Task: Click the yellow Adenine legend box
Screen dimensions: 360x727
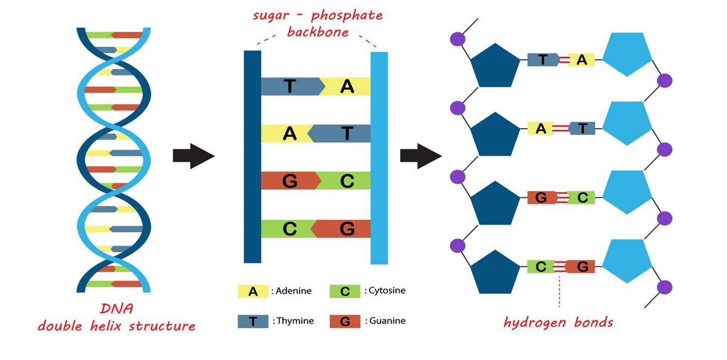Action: pyautogui.click(x=253, y=291)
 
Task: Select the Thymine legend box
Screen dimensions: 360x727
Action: pyautogui.click(x=253, y=321)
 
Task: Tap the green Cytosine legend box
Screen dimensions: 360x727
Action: pyautogui.click(x=344, y=291)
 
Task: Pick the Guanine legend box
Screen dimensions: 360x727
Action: pyautogui.click(x=344, y=321)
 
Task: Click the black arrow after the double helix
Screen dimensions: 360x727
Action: pyautogui.click(x=194, y=156)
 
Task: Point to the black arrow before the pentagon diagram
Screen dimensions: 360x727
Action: pyautogui.click(x=420, y=156)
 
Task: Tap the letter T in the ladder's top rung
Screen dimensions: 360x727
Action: pyautogui.click(x=290, y=86)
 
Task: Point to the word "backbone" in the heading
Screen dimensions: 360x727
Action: pyautogui.click(x=318, y=33)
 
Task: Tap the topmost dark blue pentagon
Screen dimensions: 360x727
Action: pyautogui.click(x=495, y=65)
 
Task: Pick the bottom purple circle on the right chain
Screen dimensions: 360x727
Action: pyautogui.click(x=665, y=286)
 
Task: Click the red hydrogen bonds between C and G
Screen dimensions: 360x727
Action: pyautogui.click(x=561, y=266)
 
